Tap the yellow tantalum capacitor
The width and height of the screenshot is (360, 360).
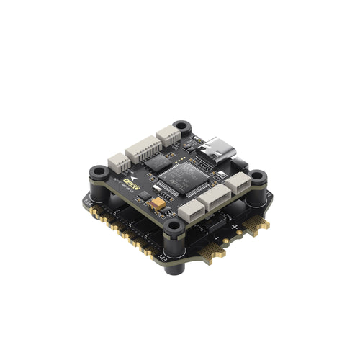pyautogui.click(x=158, y=207)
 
